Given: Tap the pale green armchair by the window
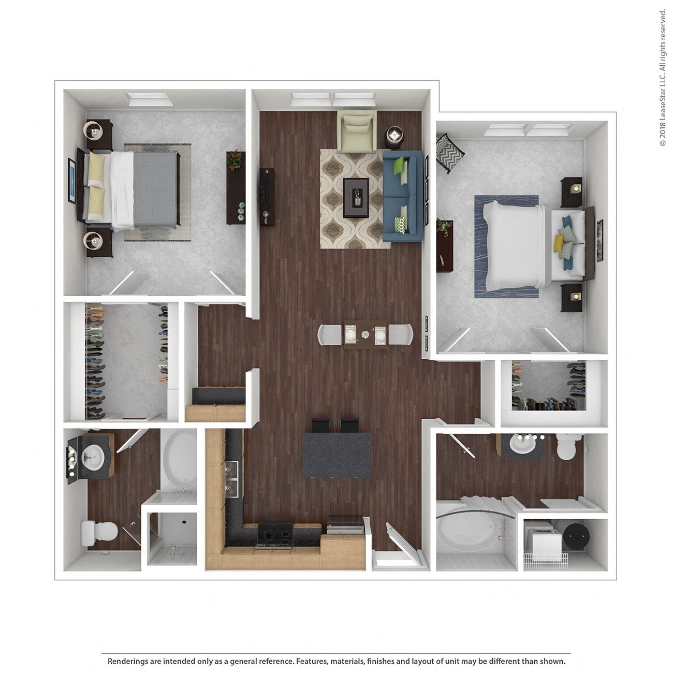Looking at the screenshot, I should [356, 130].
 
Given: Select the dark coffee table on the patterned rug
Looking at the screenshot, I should [356, 197].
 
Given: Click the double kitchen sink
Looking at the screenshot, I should [231, 478].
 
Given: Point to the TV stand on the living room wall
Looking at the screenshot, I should [267, 197].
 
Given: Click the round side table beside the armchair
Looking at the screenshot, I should [394, 136].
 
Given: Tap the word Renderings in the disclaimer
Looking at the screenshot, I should [127, 661].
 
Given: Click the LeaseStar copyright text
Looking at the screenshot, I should [663, 78].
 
